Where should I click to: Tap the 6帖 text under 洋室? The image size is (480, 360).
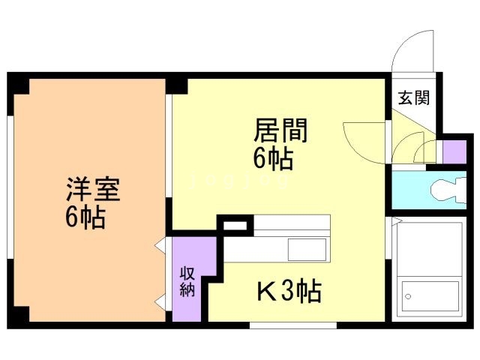click(x=84, y=217)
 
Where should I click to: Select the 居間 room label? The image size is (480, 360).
click(x=280, y=132)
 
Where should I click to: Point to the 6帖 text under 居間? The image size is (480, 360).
click(x=271, y=159)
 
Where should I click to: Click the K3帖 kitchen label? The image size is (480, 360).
click(x=289, y=289)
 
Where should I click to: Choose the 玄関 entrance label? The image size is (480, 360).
click(x=413, y=97)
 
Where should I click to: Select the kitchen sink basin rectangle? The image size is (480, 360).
click(x=307, y=248)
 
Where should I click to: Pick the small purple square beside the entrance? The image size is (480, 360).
click(x=453, y=151)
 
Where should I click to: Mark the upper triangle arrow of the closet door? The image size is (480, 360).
click(x=160, y=245)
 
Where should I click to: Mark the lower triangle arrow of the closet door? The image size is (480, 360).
click(x=160, y=302)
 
